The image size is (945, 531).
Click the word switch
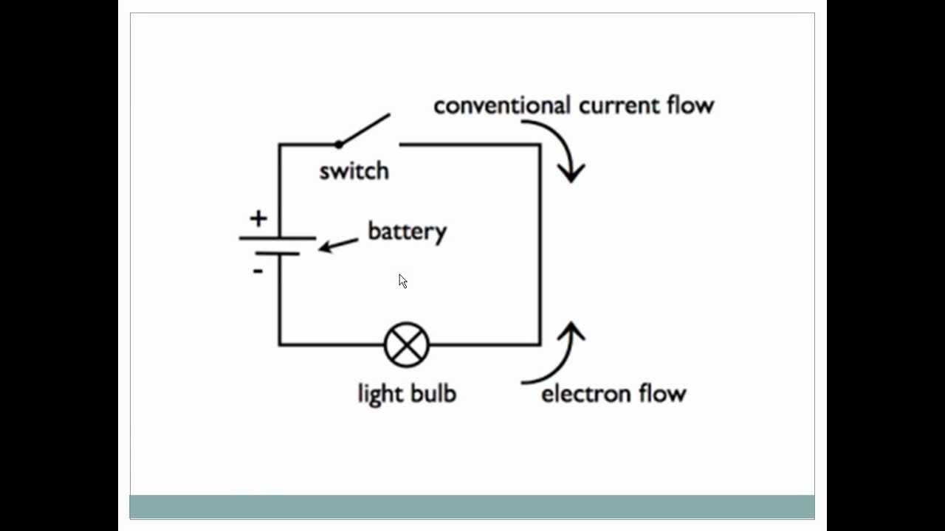(x=354, y=171)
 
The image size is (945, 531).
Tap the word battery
(x=407, y=232)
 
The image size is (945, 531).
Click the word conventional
(x=502, y=105)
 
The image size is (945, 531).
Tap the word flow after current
(x=690, y=105)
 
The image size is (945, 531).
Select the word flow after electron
(x=663, y=392)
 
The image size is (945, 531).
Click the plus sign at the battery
(x=258, y=218)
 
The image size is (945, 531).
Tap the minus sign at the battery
(x=257, y=271)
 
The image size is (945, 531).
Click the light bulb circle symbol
(x=407, y=344)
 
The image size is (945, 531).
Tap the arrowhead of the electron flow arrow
(x=571, y=331)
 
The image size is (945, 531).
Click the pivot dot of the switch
(x=339, y=144)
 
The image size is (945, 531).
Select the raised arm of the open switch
(x=365, y=129)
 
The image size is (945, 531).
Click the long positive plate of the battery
(x=278, y=238)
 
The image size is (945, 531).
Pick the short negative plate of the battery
(x=278, y=254)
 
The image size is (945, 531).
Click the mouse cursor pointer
(x=402, y=281)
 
